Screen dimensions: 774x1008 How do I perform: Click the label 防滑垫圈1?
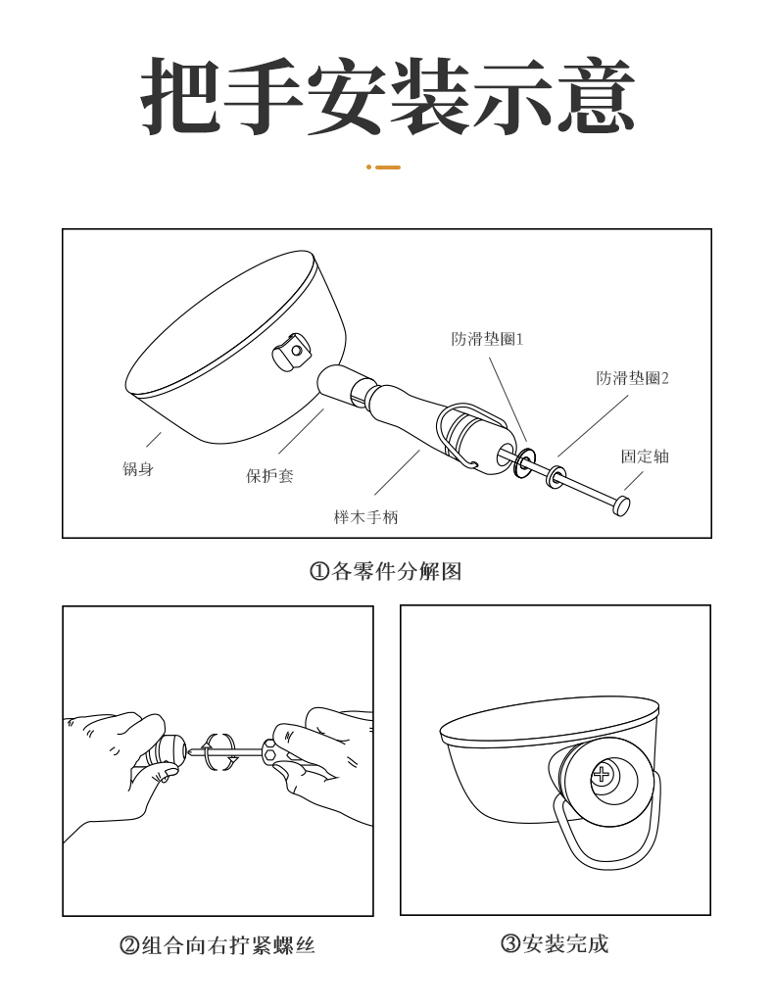(x=487, y=339)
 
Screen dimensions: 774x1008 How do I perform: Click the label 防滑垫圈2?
(x=633, y=378)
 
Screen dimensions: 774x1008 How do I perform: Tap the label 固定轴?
(x=645, y=456)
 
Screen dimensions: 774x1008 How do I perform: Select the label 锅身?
(x=138, y=468)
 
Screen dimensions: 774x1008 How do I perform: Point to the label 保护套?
(x=270, y=476)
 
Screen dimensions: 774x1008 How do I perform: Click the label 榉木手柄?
(x=366, y=517)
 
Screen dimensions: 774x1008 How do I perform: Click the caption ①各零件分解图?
(x=386, y=571)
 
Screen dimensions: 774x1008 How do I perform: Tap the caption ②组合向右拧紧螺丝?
(x=218, y=945)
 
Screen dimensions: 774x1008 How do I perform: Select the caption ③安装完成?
(x=555, y=943)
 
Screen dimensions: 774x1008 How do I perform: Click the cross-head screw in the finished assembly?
(x=602, y=774)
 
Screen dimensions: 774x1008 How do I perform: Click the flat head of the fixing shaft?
(x=621, y=505)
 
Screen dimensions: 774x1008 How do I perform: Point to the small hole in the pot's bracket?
(x=296, y=351)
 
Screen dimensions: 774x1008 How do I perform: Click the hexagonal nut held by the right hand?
(x=269, y=750)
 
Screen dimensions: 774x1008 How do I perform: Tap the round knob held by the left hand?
(x=169, y=749)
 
